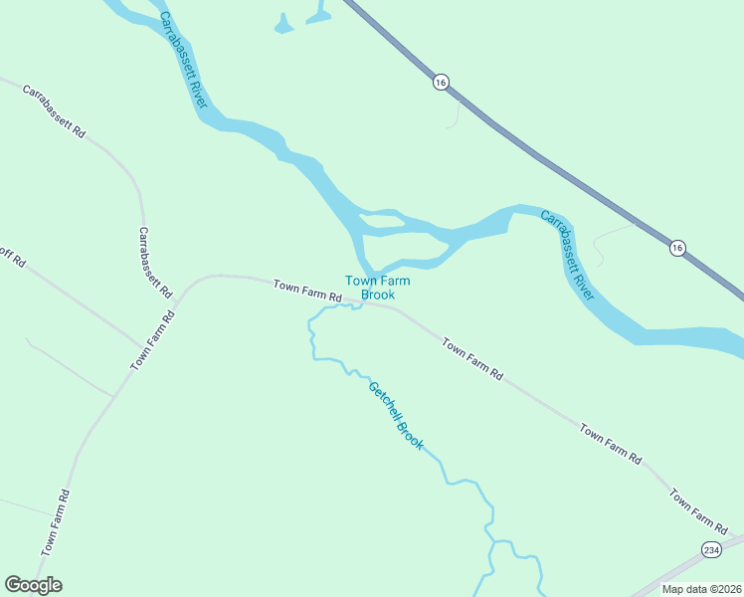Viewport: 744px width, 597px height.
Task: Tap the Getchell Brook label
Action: tap(396, 416)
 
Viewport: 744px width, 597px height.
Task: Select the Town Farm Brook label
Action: tap(377, 288)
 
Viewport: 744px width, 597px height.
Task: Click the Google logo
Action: tap(33, 585)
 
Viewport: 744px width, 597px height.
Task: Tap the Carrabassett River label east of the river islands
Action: tap(568, 255)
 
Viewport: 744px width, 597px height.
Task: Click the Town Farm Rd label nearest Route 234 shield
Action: tap(698, 509)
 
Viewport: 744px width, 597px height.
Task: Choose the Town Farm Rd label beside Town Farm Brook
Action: tap(308, 292)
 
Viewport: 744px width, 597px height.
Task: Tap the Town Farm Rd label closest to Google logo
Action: tap(56, 522)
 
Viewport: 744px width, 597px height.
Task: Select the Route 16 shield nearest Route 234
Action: tap(677, 248)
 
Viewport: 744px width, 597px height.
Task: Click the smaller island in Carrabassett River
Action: tap(380, 219)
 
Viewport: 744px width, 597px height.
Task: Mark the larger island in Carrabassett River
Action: tap(401, 245)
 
